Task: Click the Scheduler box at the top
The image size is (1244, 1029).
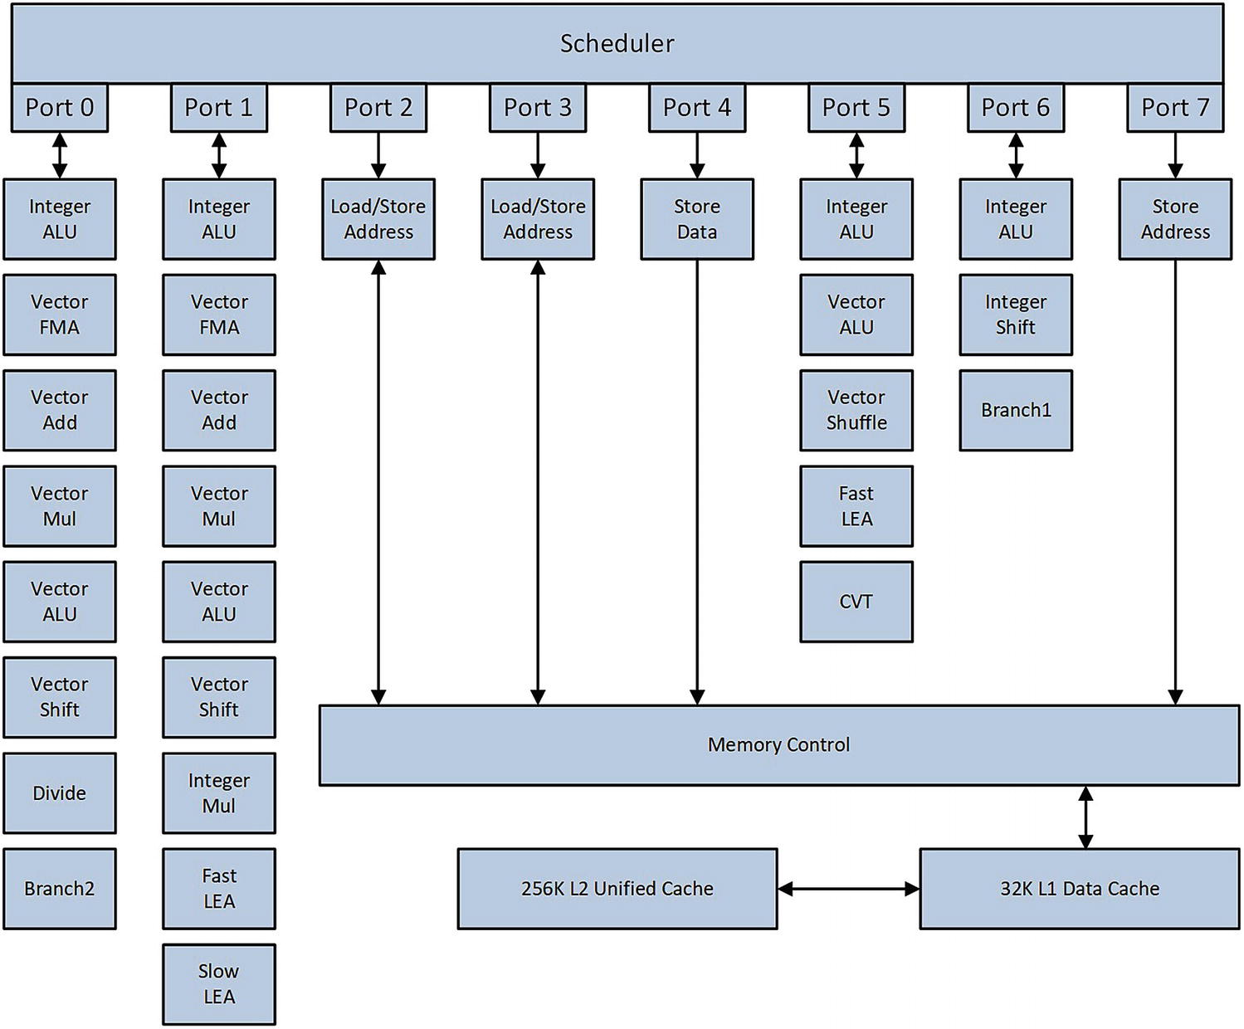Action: pos(617,43)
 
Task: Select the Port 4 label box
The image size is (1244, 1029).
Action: pos(697,107)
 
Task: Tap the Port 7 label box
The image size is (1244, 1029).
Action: pos(1174,107)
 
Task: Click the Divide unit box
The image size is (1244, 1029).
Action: pos(60,792)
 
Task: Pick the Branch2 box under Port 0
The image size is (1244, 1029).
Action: pos(60,888)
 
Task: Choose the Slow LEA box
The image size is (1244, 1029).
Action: pos(219,983)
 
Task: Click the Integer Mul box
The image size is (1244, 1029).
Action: pos(219,792)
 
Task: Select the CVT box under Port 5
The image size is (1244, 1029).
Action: pos(856,602)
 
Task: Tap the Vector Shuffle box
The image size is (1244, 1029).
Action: pos(856,410)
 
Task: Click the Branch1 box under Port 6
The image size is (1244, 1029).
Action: pos(1016,410)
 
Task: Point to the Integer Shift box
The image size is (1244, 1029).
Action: pos(1016,315)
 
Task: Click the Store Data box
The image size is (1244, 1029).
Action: pos(697,219)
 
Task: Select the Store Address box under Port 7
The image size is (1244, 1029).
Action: pos(1174,219)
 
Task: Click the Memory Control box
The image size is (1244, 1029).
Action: pos(778,744)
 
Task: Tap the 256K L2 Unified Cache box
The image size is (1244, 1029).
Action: pos(617,888)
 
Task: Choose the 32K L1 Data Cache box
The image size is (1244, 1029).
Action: pos(1079,888)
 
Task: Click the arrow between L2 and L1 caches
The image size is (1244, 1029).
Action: pos(848,889)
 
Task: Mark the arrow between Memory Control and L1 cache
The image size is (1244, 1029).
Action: pos(1085,817)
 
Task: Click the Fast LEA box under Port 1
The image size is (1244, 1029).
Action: pos(219,888)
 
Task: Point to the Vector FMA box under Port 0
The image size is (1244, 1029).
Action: pos(60,315)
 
